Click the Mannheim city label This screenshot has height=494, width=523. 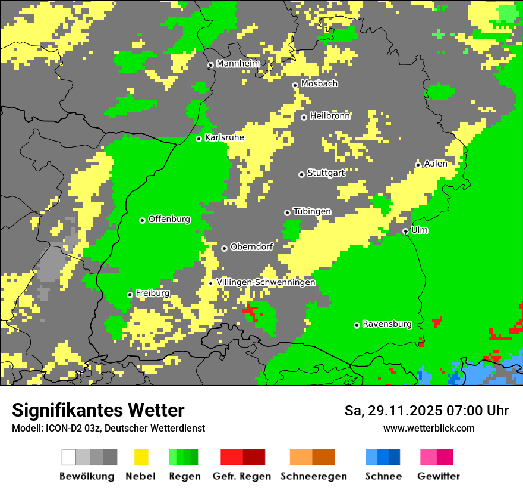pyautogui.click(x=238, y=64)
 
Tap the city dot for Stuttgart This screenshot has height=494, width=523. pyautogui.click(x=301, y=174)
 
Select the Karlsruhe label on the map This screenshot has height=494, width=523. pyautogui.click(x=224, y=137)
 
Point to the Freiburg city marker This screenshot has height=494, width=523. pyautogui.click(x=130, y=295)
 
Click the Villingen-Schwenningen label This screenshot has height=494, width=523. pyautogui.click(x=266, y=282)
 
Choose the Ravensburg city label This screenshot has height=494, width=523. pyautogui.click(x=387, y=324)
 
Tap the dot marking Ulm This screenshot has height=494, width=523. pyautogui.click(x=405, y=231)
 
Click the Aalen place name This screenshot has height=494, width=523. pyautogui.click(x=435, y=164)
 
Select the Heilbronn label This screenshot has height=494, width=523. pyautogui.click(x=330, y=116)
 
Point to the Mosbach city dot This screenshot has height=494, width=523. pyautogui.click(x=295, y=85)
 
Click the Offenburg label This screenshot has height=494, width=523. pyautogui.click(x=169, y=219)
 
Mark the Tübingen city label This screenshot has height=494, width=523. pyautogui.click(x=312, y=211)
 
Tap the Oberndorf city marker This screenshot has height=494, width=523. pyautogui.click(x=224, y=248)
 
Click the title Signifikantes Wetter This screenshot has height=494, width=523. pyautogui.click(x=98, y=410)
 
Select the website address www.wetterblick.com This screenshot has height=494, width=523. pyautogui.click(x=429, y=428)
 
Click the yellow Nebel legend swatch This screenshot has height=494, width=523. pyautogui.click(x=141, y=457)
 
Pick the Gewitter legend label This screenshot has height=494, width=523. pyautogui.click(x=438, y=476)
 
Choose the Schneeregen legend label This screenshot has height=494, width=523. pyautogui.click(x=314, y=476)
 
